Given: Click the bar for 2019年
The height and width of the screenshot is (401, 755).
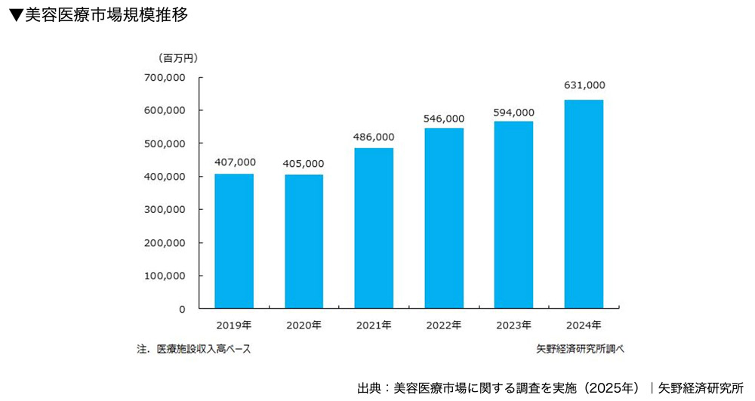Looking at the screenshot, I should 234,241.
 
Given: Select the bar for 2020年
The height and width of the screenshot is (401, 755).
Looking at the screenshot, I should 304,242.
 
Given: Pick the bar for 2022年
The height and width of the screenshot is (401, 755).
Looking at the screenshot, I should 444,218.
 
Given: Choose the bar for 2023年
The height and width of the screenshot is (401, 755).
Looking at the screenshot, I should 514,214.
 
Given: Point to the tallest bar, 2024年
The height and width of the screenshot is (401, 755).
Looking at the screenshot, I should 584,204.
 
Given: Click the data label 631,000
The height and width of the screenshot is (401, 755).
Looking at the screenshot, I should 584,86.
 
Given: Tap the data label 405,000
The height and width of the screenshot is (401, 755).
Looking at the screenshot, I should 304,163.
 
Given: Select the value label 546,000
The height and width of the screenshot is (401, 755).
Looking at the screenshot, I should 444,118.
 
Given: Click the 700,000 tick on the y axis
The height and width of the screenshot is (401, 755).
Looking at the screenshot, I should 165,77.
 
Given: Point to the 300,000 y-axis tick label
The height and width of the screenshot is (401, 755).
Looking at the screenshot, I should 165,209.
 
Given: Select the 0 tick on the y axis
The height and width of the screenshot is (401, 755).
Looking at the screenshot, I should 182,309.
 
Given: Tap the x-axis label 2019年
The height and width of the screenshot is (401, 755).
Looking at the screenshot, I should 234,325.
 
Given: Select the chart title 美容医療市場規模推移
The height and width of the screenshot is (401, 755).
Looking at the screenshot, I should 106,15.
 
